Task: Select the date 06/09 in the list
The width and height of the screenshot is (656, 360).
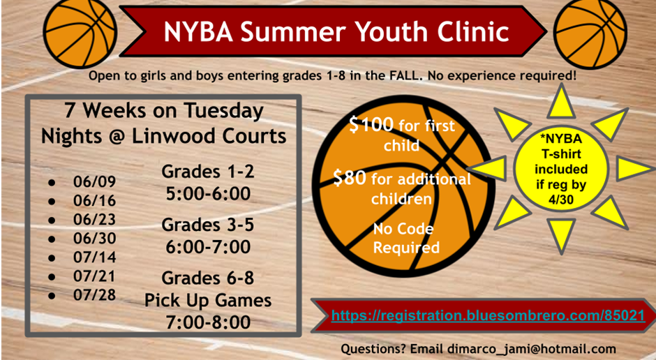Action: click(94, 182)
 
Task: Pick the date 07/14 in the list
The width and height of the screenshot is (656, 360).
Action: click(94, 256)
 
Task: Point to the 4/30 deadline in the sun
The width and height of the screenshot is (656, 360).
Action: click(560, 196)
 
